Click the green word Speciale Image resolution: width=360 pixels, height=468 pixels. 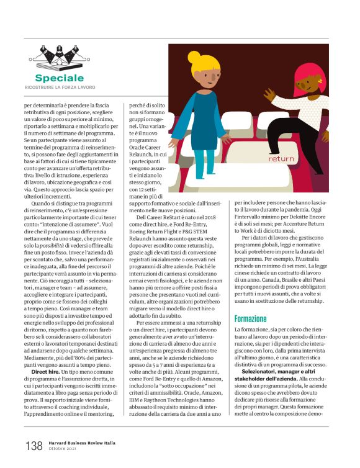59,78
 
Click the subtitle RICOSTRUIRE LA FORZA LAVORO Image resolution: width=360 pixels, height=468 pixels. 60,88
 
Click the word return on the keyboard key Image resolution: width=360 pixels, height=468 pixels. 281,158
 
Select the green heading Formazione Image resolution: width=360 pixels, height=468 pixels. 251,318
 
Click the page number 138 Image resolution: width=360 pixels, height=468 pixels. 34,446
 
